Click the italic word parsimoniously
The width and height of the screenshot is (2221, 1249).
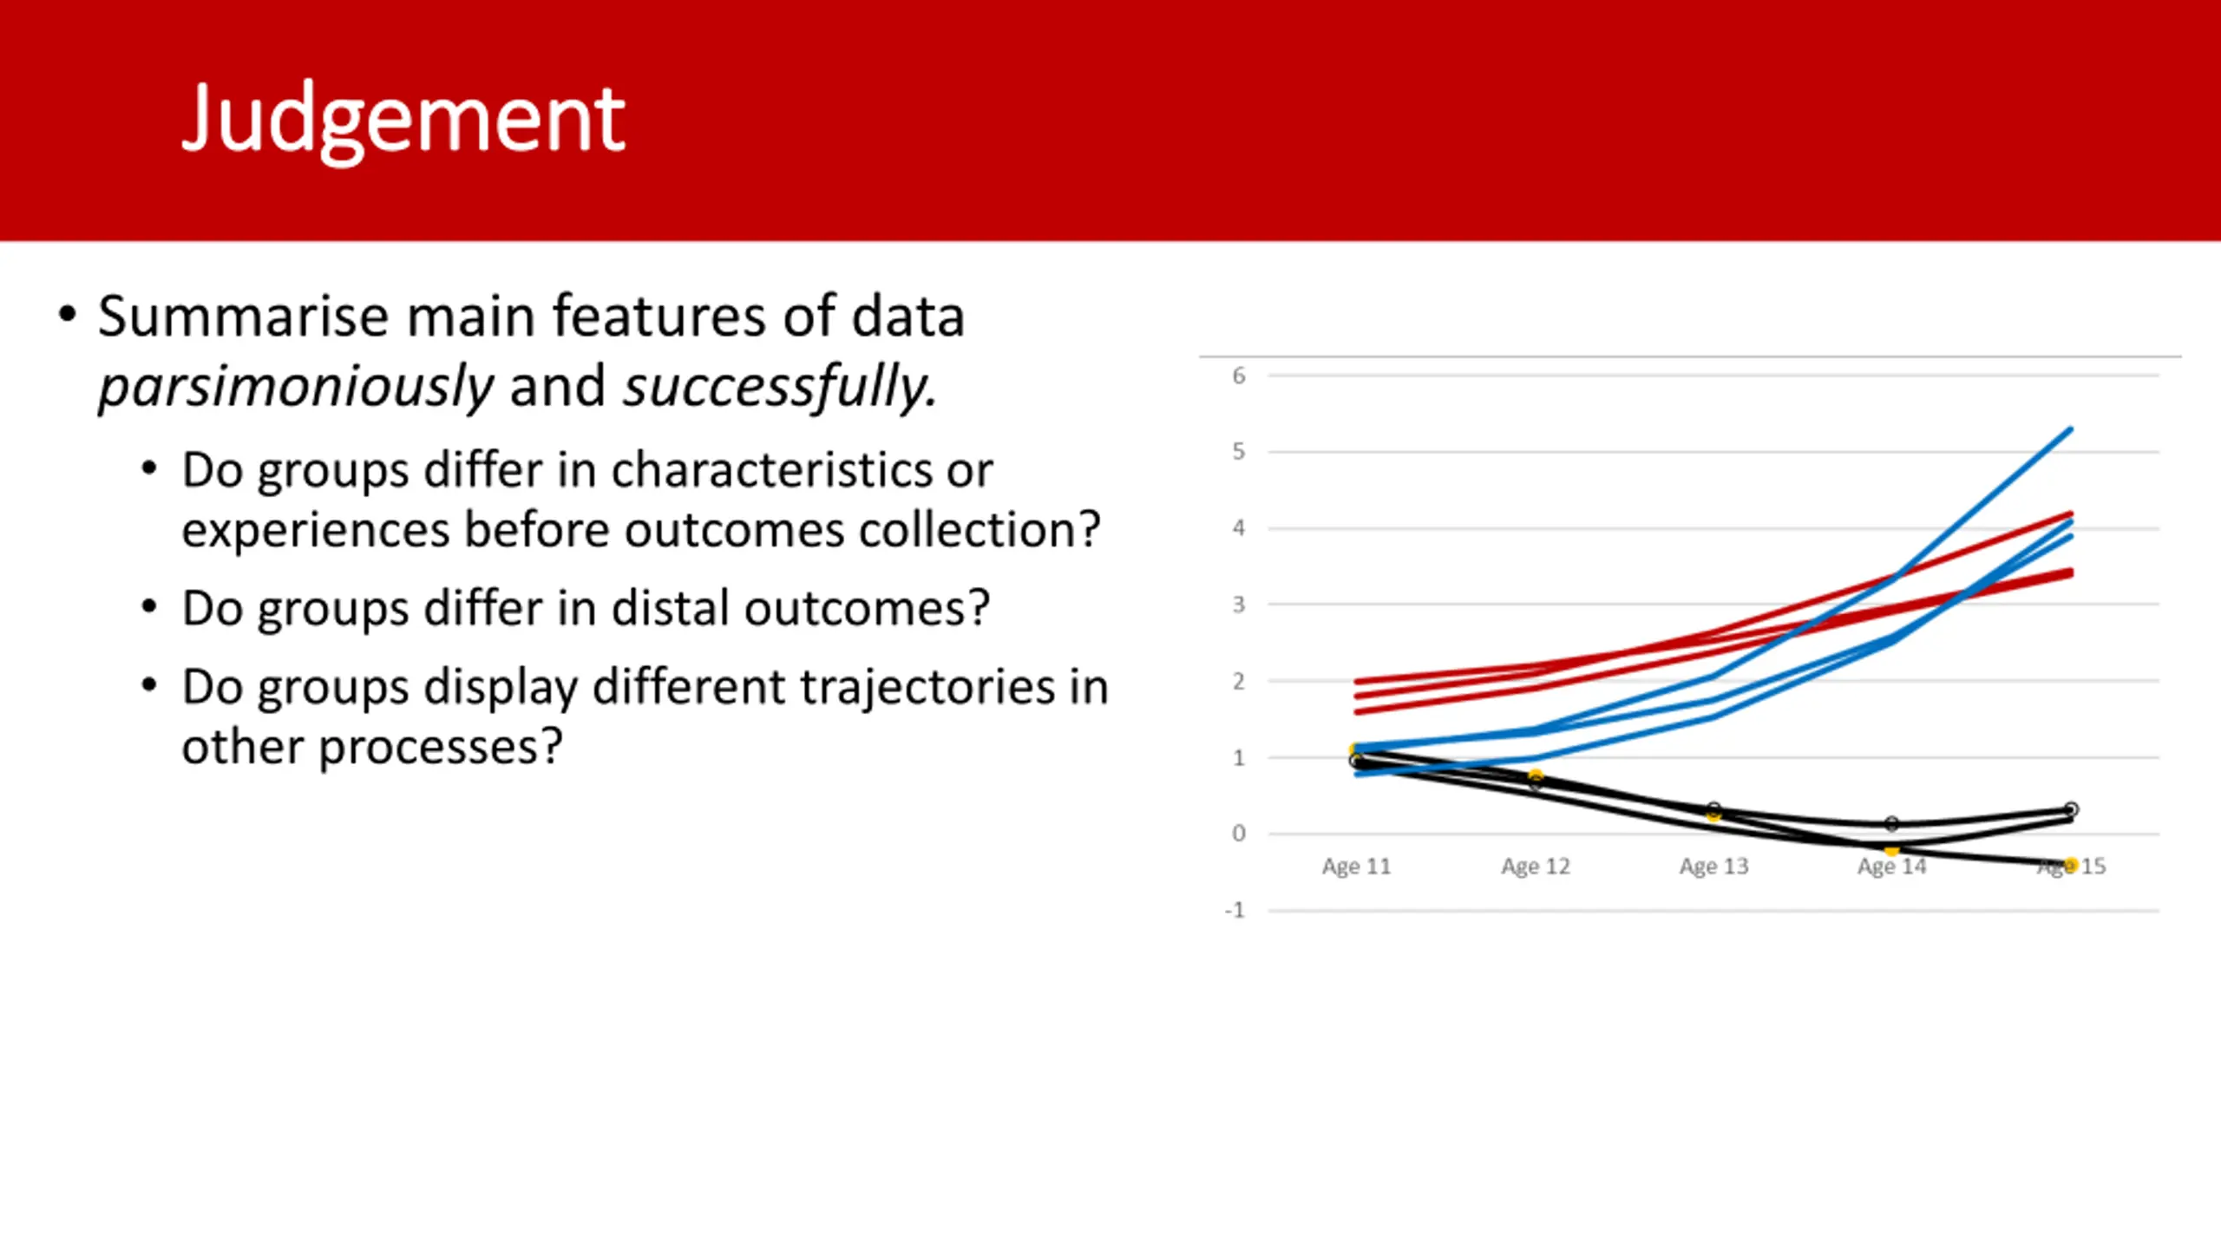tap(296, 387)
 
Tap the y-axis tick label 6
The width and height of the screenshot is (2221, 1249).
tap(1239, 376)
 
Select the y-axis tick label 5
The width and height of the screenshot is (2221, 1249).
tap(1239, 452)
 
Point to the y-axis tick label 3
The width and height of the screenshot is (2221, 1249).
tap(1239, 605)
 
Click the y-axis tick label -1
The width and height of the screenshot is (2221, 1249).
tap(1235, 911)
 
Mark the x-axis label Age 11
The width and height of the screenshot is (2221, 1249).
tap(1357, 866)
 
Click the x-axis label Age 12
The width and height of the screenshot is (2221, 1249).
tap(1536, 866)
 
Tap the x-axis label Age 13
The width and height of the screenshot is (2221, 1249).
tap(1714, 866)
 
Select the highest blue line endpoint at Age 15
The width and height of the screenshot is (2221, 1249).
tap(2071, 429)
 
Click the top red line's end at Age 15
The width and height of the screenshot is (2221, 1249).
tap(2071, 514)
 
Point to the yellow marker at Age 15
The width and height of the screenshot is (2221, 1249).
tap(2071, 865)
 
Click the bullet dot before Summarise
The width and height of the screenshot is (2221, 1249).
tap(68, 314)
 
